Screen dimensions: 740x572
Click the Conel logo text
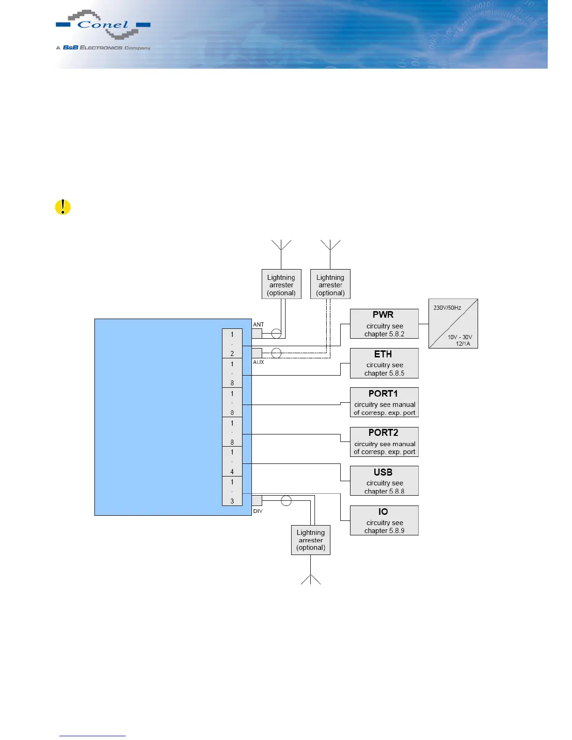pyautogui.click(x=103, y=25)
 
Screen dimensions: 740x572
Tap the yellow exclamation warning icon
pyautogui.click(x=63, y=207)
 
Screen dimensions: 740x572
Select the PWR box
pyautogui.click(x=384, y=324)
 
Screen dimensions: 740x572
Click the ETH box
pyautogui.click(x=384, y=363)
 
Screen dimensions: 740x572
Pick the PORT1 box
pyautogui.click(x=384, y=402)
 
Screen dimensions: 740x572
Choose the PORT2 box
pyautogui.click(x=384, y=441)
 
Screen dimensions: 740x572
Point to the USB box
pyautogui.click(x=384, y=481)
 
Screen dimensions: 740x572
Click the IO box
pyautogui.click(x=384, y=520)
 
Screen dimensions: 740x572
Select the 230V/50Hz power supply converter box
pyautogui.click(x=453, y=324)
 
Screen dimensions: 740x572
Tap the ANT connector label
pyautogui.click(x=258, y=324)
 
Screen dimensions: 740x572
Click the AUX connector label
pyautogui.click(x=258, y=362)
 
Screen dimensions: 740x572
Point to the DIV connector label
pyautogui.click(x=258, y=511)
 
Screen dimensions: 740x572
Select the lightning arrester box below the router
pyautogui.click(x=311, y=540)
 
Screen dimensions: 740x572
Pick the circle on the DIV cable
pyautogui.click(x=286, y=501)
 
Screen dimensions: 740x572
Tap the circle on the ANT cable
pyautogui.click(x=276, y=334)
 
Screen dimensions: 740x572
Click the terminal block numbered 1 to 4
pyautogui.click(x=232, y=462)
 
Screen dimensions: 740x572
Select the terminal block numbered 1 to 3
pyautogui.click(x=232, y=491)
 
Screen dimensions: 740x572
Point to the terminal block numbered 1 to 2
pyautogui.click(x=232, y=343)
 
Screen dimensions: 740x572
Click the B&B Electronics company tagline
pyautogui.click(x=103, y=48)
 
